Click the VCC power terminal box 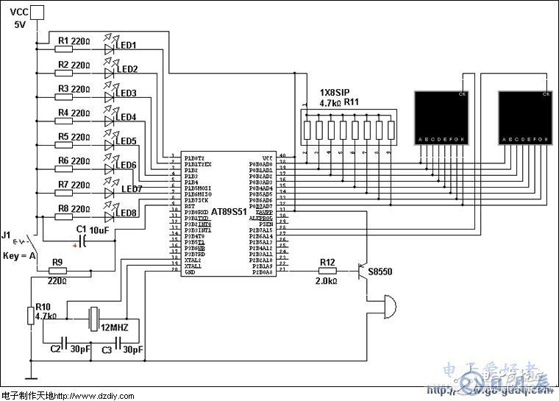pos(36,11)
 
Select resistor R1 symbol pos(63,49)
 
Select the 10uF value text pos(101,230)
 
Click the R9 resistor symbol pos(57,271)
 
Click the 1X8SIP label pos(335,93)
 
